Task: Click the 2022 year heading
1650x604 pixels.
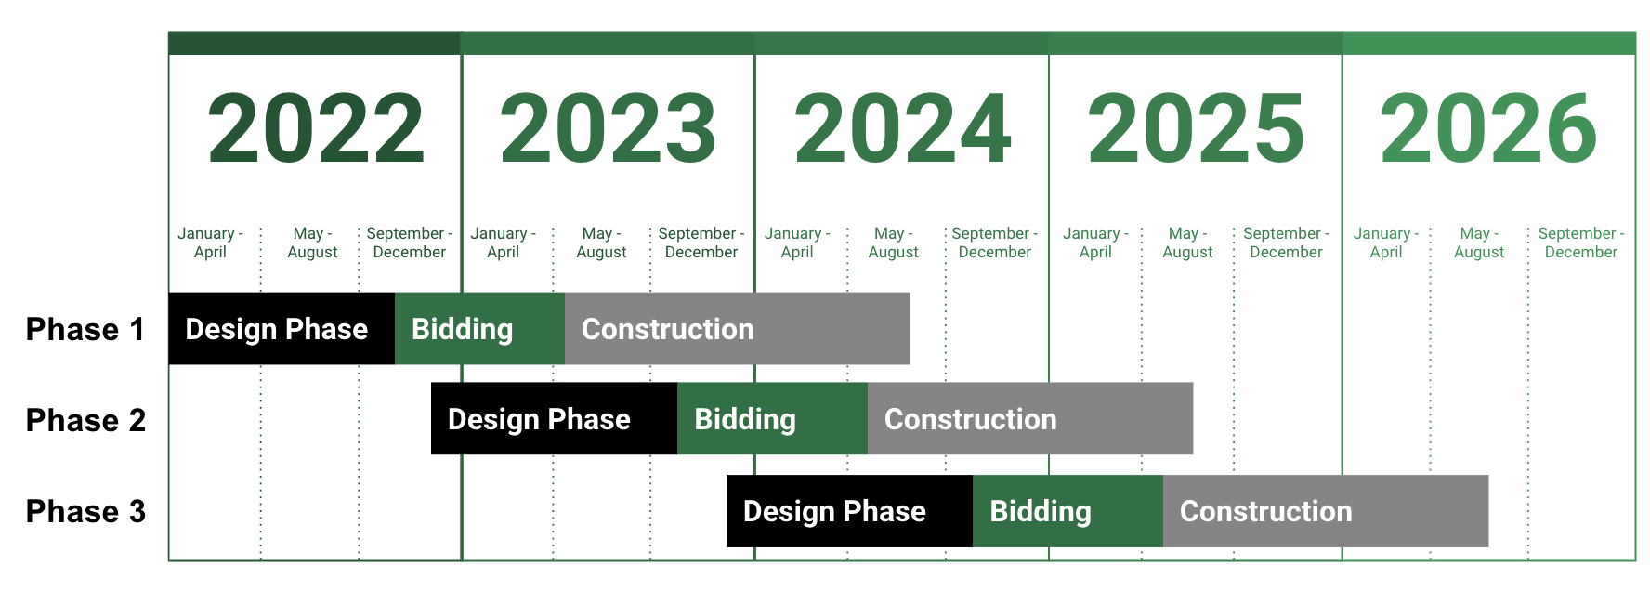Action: coord(316,128)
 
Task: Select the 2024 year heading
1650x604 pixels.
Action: coord(902,128)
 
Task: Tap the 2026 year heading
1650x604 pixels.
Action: coord(1488,128)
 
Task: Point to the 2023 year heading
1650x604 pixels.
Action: coord(609,128)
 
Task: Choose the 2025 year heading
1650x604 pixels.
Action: coord(1196,128)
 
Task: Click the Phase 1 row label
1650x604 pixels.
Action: coord(85,329)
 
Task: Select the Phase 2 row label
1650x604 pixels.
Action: coord(85,420)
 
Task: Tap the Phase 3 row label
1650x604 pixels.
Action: coord(85,511)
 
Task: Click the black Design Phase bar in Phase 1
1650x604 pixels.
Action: coord(282,329)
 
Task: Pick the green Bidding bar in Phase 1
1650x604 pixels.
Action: coord(479,329)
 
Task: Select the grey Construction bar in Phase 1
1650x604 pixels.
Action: coord(738,329)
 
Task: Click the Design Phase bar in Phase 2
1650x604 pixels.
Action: coord(555,418)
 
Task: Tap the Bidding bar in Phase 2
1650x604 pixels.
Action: coord(773,418)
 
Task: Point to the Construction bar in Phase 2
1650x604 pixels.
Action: coord(1030,418)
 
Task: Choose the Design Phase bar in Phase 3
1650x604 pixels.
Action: coord(849,511)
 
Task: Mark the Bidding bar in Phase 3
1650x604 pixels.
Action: coord(1067,511)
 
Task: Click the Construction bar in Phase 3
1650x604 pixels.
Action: coord(1326,511)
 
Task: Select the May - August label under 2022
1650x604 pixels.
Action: coord(312,243)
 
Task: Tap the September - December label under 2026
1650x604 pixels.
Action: coord(1581,243)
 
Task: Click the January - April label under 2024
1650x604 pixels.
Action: coord(797,243)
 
